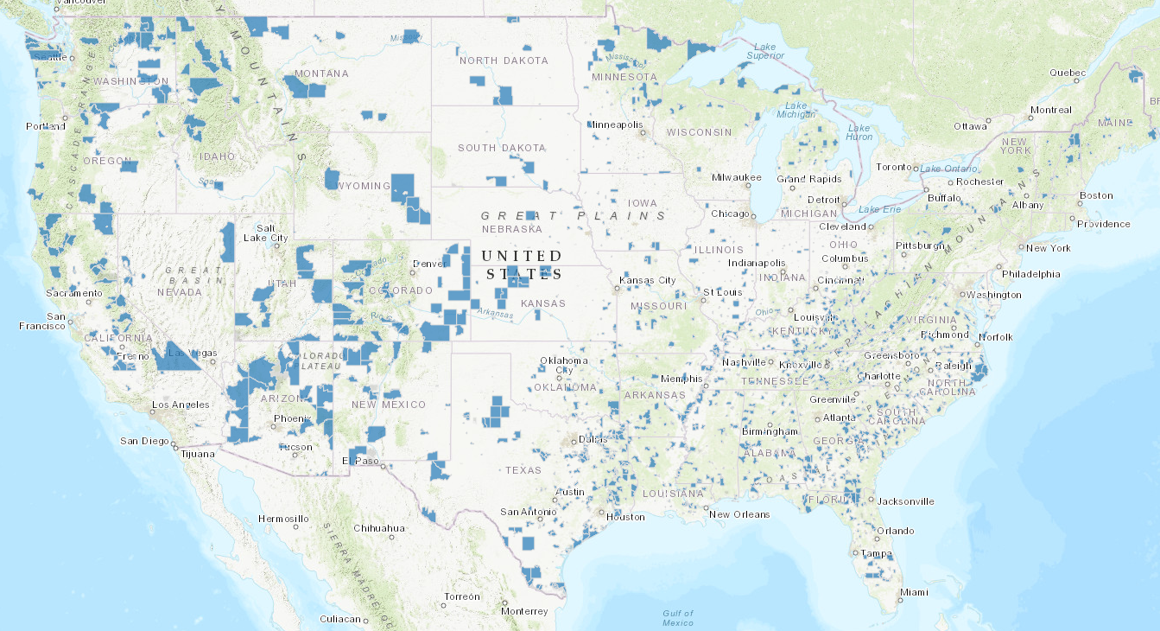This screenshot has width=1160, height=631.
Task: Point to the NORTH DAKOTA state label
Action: pyautogui.click(x=503, y=61)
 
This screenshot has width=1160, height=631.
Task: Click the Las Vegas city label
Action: pyautogui.click(x=187, y=353)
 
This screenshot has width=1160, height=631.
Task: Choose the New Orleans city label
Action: pyautogui.click(x=738, y=514)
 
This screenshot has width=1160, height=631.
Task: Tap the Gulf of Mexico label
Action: pyautogui.click(x=678, y=617)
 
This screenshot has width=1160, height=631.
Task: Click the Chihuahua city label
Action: pyautogui.click(x=380, y=527)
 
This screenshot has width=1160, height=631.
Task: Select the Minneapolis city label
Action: pyautogui.click(x=616, y=124)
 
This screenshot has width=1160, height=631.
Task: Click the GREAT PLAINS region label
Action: pyautogui.click(x=574, y=215)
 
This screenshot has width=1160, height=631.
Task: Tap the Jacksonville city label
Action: pyautogui.click(x=906, y=500)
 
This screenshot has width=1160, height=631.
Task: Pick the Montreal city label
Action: pyautogui.click(x=1050, y=110)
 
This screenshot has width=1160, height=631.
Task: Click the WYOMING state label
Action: pyautogui.click(x=363, y=186)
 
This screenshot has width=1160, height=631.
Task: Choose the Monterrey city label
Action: pyautogui.click(x=524, y=611)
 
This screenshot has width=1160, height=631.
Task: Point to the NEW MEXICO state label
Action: pyautogui.click(x=389, y=405)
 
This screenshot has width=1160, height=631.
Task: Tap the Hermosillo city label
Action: pyautogui.click(x=283, y=519)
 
